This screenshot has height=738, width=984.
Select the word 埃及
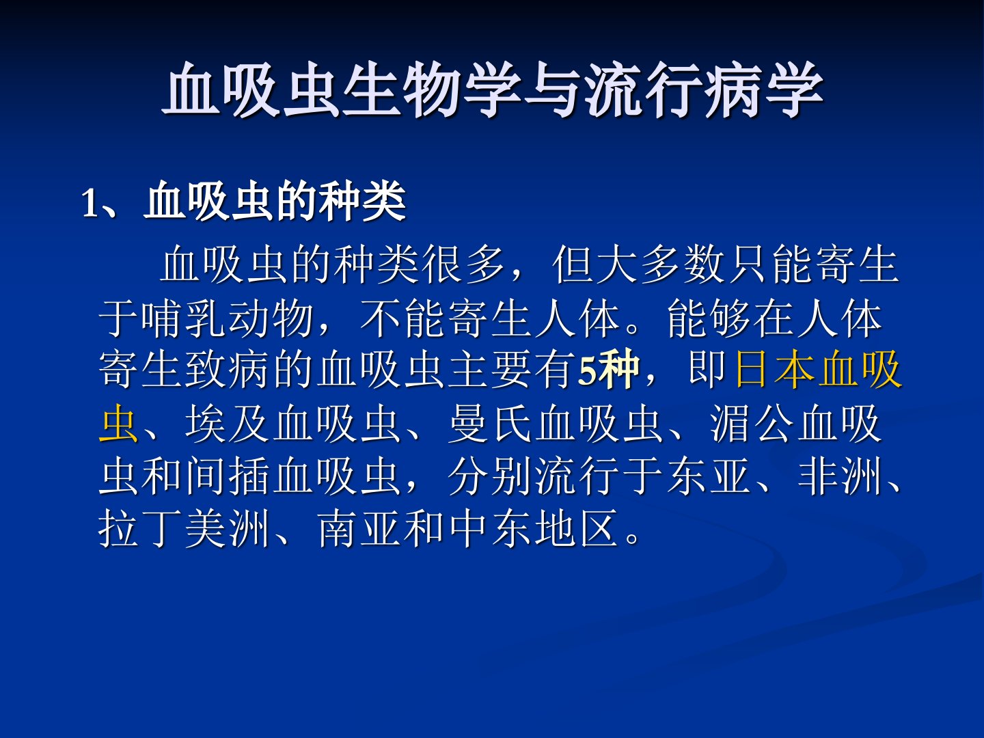pyautogui.click(x=228, y=424)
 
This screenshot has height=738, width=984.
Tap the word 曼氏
pyautogui.click(x=491, y=424)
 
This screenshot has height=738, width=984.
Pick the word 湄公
pyautogui.click(x=753, y=424)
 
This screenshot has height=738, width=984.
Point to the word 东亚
pyautogui.click(x=709, y=476)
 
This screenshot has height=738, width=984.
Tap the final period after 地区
pyautogui.click(x=633, y=536)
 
